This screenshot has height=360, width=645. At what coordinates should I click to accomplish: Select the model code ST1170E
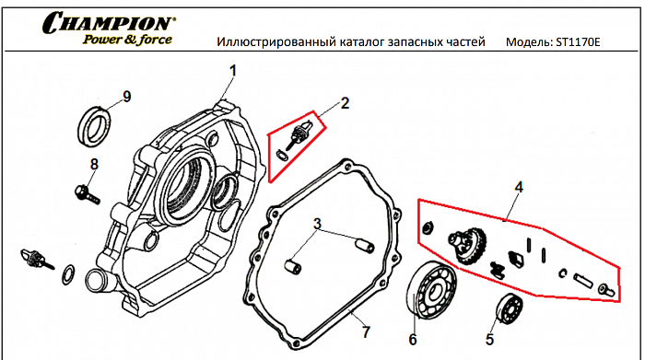pyautogui.click(x=578, y=43)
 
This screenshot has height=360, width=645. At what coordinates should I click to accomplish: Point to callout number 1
pyautogui.click(x=233, y=71)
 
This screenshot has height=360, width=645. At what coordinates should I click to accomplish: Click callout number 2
pyautogui.click(x=344, y=102)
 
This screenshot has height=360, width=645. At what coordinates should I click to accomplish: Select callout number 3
pyautogui.click(x=316, y=224)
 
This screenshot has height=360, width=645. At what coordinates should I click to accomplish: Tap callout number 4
pyautogui.click(x=519, y=187)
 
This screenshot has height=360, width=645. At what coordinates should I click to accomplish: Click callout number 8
pyautogui.click(x=93, y=165)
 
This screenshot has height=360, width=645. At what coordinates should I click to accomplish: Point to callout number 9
pyautogui.click(x=126, y=97)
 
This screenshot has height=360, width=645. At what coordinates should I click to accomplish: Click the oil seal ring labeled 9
pyautogui.click(x=93, y=122)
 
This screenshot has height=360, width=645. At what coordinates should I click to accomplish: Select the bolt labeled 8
pyautogui.click(x=83, y=192)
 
